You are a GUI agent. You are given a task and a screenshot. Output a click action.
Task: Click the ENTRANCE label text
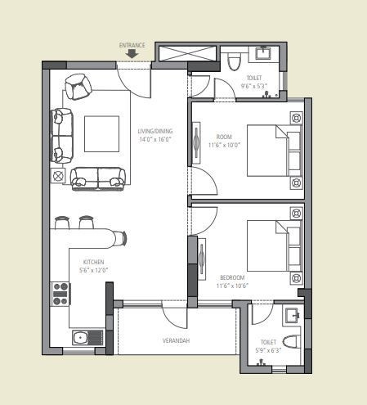coord(132,46)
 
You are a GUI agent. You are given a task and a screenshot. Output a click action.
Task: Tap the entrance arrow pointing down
coord(132,55)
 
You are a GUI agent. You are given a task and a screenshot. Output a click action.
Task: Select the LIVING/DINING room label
coord(155,131)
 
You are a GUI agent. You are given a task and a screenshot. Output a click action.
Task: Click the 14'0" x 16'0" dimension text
coord(155,139)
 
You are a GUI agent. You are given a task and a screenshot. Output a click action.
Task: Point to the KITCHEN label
coord(93,262)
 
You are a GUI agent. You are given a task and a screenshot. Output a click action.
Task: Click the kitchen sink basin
coord(80,337)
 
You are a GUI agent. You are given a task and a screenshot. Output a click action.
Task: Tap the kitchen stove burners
coord(60,293)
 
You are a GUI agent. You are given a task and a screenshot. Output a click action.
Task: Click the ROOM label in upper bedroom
coord(225,137)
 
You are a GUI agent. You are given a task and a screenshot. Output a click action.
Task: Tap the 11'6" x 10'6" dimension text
coord(231,286)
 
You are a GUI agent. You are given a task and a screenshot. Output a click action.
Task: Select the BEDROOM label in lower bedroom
coord(231,278)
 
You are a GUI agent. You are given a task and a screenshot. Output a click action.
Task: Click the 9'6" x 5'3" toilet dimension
coord(255,85)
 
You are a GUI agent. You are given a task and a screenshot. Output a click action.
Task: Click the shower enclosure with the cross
coord(187,54)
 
